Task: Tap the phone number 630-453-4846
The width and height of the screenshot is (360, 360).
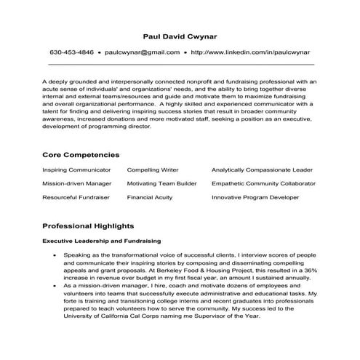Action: click(72, 52)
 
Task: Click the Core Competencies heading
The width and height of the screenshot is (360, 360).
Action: click(81, 155)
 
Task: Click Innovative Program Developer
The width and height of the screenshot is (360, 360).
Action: click(255, 196)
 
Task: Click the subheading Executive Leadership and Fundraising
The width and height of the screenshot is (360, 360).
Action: click(101, 241)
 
